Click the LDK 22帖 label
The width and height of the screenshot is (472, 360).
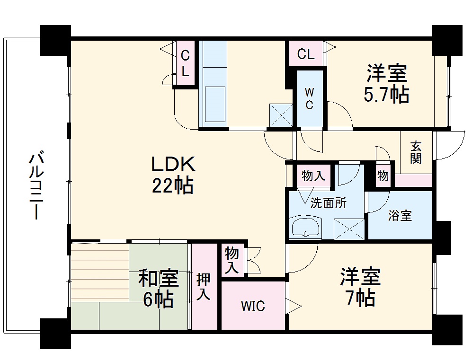[172, 175]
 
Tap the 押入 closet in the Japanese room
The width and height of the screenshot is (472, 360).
[204, 287]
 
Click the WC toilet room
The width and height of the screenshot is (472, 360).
[309, 98]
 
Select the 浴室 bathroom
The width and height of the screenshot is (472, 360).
[400, 216]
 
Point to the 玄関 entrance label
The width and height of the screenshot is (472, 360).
[416, 152]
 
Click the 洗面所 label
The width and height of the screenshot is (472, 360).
[329, 203]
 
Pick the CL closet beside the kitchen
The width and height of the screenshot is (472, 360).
[185, 64]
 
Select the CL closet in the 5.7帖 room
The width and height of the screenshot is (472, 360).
[306, 54]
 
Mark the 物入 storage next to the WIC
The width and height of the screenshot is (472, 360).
[232, 260]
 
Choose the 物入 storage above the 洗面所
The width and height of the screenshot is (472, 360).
[313, 176]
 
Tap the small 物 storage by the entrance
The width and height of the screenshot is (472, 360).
[383, 176]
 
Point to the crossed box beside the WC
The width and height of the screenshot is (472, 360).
[281, 115]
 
